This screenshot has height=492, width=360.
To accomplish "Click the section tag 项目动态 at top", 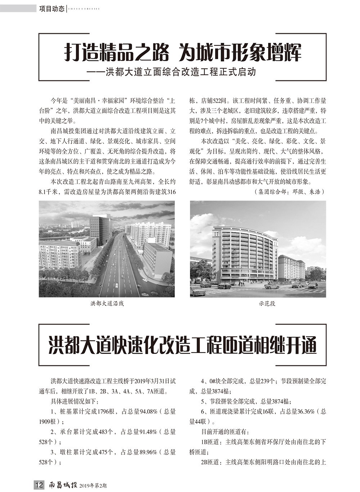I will coord(52,9).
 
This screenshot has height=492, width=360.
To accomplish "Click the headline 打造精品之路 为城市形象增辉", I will coord(183,53).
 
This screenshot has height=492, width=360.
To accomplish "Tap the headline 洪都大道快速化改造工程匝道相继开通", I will coord(183,345).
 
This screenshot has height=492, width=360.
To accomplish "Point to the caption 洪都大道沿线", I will coord(107,304).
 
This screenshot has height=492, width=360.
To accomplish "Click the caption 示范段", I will coord(267,304).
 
